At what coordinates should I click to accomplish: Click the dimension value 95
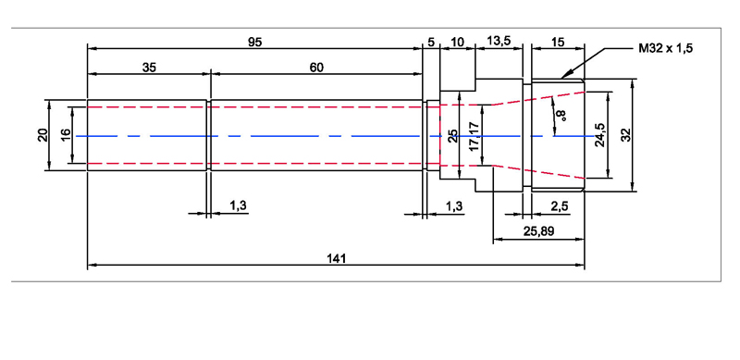point(255,42)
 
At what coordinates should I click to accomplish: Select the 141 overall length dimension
point(337,258)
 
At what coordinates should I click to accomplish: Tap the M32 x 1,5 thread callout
point(666,48)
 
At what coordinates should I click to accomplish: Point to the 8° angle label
point(561,115)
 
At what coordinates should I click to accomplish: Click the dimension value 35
point(149,68)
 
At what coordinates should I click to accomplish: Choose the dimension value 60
point(316,68)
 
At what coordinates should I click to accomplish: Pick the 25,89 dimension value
point(538,231)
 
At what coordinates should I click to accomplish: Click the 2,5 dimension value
point(559,206)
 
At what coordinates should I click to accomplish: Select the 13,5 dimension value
point(499,41)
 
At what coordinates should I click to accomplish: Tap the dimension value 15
point(558,42)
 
